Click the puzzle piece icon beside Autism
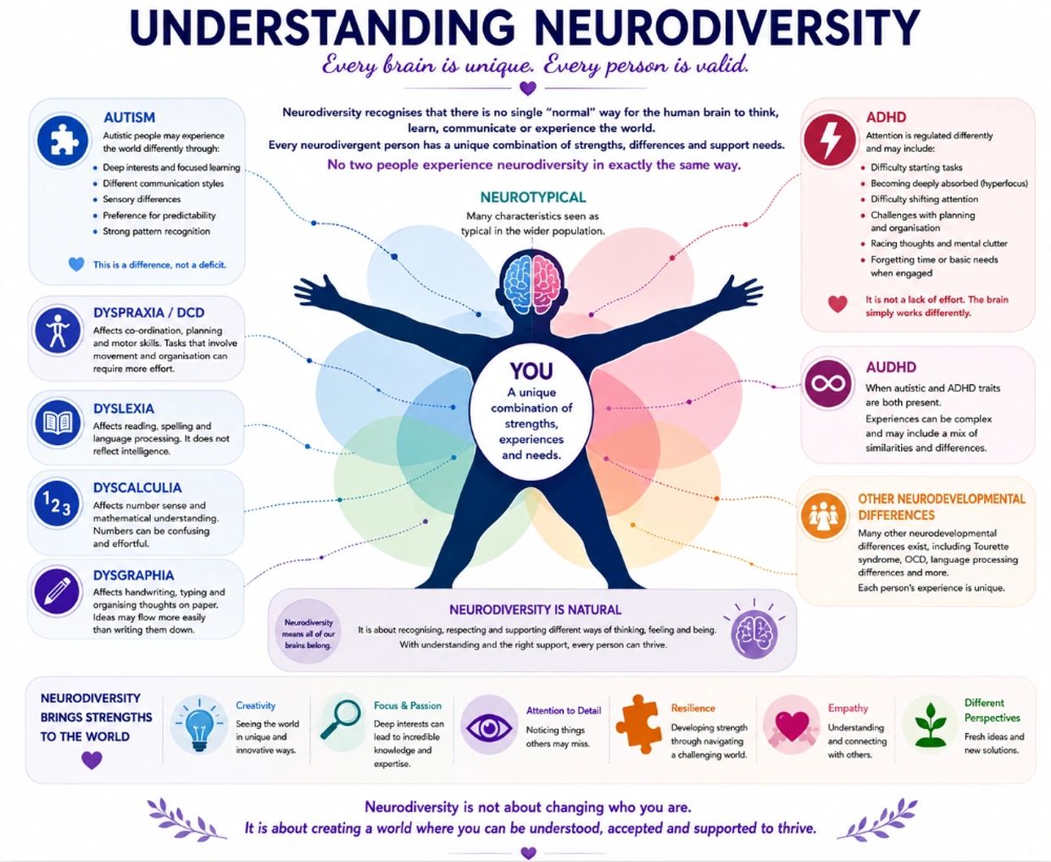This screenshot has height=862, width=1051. click(x=62, y=140)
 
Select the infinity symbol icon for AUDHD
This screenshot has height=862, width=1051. click(x=828, y=384)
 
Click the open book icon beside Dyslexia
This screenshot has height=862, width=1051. click(x=58, y=423)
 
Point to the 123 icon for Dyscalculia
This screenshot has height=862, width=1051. click(x=57, y=503)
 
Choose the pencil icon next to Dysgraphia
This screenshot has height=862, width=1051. click(x=56, y=592)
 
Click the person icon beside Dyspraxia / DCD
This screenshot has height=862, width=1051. click(x=58, y=331)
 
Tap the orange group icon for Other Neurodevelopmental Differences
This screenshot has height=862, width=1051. click(x=823, y=515)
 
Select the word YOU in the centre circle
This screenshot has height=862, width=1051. click(x=531, y=371)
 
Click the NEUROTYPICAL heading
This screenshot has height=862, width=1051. click(x=533, y=197)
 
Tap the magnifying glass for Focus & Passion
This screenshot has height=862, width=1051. click(x=341, y=719)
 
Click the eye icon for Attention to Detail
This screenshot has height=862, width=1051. click(x=489, y=727)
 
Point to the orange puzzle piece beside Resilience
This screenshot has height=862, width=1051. click(x=638, y=724)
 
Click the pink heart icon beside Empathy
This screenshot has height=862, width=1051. click(x=792, y=726)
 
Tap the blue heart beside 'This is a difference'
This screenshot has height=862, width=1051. click(x=76, y=264)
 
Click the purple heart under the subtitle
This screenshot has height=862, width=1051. click(x=528, y=88)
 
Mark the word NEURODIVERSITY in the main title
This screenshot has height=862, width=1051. click(x=726, y=28)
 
